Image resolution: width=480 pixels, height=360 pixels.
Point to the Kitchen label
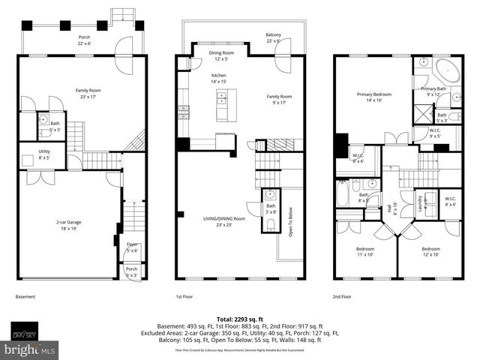tap(218, 77)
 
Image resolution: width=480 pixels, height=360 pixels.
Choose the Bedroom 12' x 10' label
tap(430, 251)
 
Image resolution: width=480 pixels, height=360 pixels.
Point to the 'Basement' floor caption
tap(25, 297)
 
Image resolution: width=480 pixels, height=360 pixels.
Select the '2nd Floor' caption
tap(343, 297)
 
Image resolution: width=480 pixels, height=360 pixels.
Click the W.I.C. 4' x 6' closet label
tap(450, 201)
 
